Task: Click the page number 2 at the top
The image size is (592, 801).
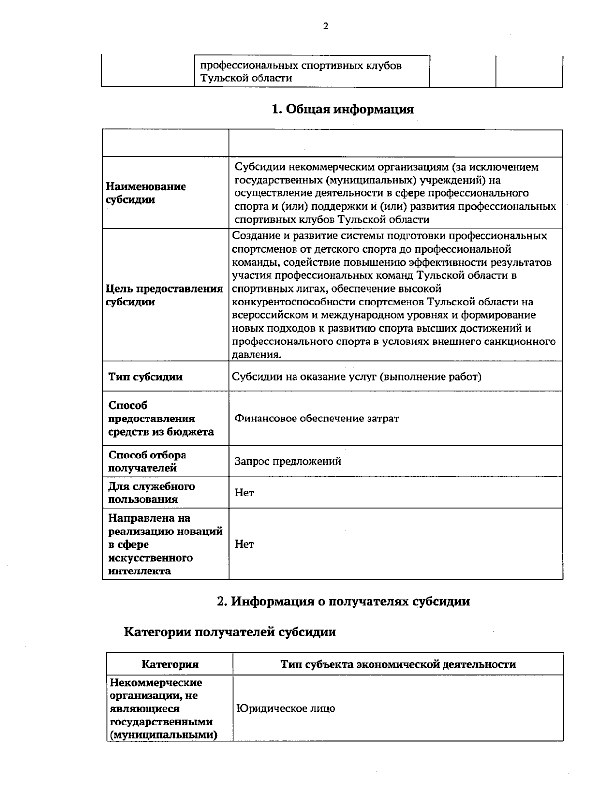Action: pyautogui.click(x=325, y=27)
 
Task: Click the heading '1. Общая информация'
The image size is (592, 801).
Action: pyautogui.click(x=343, y=109)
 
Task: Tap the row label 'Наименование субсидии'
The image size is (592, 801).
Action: pyautogui.click(x=146, y=193)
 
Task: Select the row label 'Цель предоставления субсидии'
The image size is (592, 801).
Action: pyautogui.click(x=164, y=295)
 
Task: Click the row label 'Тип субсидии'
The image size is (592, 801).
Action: pyautogui.click(x=145, y=377)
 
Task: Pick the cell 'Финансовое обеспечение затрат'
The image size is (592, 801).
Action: pyautogui.click(x=316, y=419)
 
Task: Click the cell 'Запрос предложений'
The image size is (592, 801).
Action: pyautogui.click(x=288, y=461)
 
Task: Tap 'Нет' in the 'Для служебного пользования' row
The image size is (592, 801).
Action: pyautogui.click(x=244, y=493)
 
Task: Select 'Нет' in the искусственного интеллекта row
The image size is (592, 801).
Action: pyautogui.click(x=244, y=544)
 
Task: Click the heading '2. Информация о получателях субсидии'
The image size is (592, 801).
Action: pyautogui.click(x=343, y=601)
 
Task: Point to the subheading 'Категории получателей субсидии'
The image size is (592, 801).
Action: pyautogui.click(x=229, y=632)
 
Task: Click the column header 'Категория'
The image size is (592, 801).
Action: pyautogui.click(x=170, y=664)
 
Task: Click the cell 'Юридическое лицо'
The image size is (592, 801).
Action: pyautogui.click(x=286, y=708)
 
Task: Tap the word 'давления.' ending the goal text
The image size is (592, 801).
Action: pyautogui.click(x=257, y=354)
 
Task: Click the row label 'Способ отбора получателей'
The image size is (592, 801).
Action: pyautogui.click(x=147, y=461)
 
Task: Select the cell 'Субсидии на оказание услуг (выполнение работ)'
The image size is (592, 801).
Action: pyautogui.click(x=357, y=377)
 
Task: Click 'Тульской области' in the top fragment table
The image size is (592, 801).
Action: pyautogui.click(x=246, y=78)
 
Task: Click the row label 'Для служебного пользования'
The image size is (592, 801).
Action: pyautogui.click(x=151, y=493)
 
